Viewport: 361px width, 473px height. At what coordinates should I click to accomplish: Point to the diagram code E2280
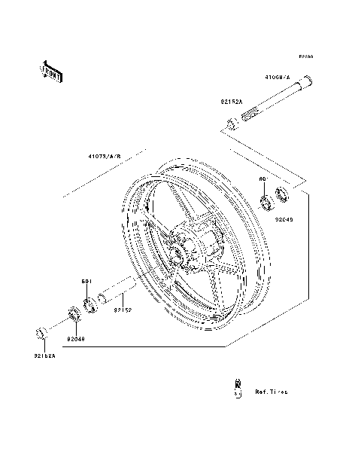pos(305,56)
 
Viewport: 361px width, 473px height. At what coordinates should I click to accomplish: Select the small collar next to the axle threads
pos(232,122)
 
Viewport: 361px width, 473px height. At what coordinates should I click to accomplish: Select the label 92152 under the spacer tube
pos(123,310)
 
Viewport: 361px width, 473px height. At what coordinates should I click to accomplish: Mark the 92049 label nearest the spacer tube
pos(75,338)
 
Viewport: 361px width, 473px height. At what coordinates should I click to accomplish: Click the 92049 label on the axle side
pos(284,221)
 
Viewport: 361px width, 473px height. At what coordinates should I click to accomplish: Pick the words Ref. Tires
pos(271,392)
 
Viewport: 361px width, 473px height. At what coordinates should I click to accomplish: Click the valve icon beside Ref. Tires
pos(238,387)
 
